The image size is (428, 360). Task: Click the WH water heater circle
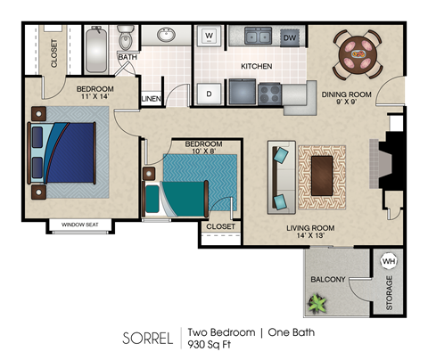point(389,262)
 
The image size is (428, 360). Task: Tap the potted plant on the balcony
point(317,304)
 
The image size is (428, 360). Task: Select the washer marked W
point(210,37)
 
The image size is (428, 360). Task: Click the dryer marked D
point(210,93)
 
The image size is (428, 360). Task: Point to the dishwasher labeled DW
point(289,37)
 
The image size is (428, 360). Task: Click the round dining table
point(358,53)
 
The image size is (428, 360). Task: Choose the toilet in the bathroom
point(126,38)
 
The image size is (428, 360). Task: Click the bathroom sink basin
point(166,36)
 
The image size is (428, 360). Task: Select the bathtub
point(95,51)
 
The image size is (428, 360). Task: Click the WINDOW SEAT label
point(79,225)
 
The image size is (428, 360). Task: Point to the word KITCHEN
point(256,67)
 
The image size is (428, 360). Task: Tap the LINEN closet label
point(151,98)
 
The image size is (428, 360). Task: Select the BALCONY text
point(327,280)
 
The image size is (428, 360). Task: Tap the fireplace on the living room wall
point(390,161)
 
